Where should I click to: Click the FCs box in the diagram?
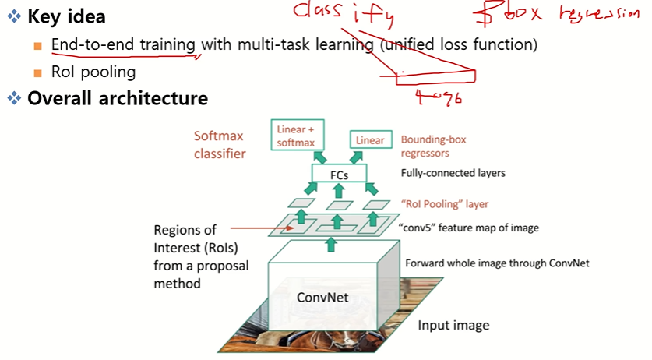tap(338, 175)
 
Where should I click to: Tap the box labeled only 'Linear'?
tap(370, 140)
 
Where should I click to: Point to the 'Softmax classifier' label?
tap(220, 144)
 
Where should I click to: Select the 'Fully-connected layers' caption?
tap(453, 173)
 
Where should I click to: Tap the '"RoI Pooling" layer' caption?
tap(445, 204)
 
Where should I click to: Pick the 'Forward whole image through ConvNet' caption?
tap(497, 263)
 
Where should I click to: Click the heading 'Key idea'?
tap(66, 16)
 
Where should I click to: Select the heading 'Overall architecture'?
tap(117, 98)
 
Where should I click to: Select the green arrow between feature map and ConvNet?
tap(331, 245)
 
